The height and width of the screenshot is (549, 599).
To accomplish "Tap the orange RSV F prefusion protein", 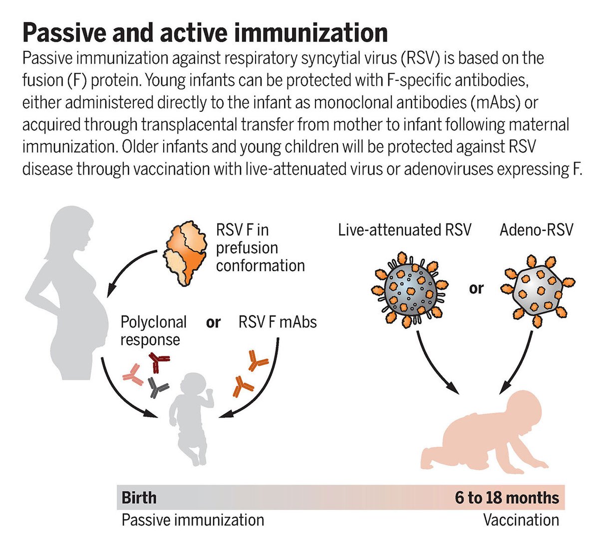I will (184, 252).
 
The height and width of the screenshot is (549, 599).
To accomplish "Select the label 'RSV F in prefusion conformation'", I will (260, 248).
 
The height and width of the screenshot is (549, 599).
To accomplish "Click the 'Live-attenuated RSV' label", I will (404, 230).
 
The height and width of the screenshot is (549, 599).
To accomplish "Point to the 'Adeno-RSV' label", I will (537, 230).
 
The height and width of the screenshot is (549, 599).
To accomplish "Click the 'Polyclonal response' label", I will (153, 331).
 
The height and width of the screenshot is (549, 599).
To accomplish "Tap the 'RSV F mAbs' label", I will (278, 322).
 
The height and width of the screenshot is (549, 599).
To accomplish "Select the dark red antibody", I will (159, 363).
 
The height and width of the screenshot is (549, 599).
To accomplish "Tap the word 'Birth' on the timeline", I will (139, 498).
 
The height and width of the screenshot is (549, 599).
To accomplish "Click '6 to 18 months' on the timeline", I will (507, 498).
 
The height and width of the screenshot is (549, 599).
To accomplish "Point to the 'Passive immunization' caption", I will (193, 520).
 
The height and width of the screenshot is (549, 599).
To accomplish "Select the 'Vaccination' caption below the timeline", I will (521, 520).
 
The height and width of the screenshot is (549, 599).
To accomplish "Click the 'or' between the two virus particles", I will (476, 288).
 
